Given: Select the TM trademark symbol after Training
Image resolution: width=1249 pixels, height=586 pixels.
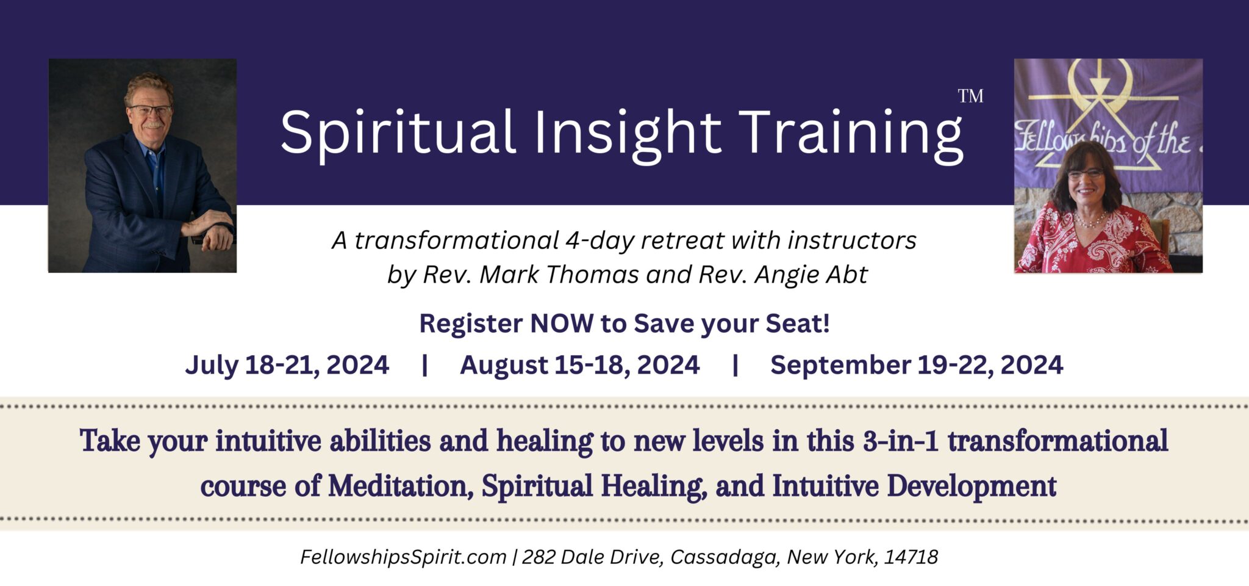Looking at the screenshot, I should click(970, 96).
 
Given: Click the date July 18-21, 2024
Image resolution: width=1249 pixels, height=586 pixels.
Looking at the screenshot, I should click(287, 365).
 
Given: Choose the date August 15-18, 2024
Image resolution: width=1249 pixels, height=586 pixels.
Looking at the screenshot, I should click(579, 365).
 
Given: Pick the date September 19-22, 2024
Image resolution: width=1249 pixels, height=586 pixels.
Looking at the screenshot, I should click(917, 365).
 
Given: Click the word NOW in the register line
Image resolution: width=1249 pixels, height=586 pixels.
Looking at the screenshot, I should click(562, 324).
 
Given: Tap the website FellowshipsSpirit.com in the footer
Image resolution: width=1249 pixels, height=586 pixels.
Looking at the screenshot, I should click(403, 557).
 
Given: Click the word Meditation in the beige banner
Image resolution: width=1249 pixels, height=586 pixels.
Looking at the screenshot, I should click(401, 487).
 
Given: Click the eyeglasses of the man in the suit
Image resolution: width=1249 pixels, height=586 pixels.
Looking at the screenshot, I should click(150, 110).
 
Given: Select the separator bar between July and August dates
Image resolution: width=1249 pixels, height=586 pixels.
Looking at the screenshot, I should click(424, 365).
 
